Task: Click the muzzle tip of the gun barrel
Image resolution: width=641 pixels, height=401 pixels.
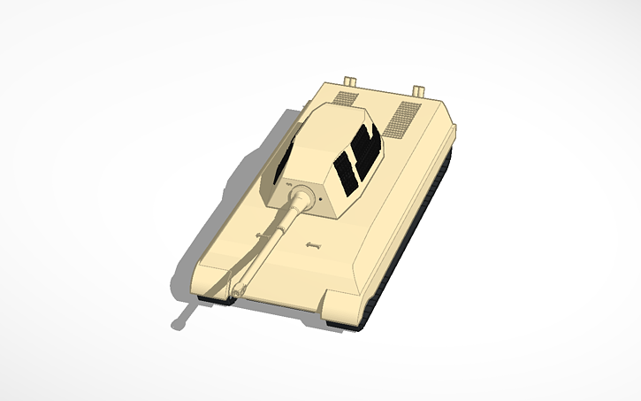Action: (235, 289)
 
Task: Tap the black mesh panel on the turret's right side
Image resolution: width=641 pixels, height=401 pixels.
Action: (358, 159)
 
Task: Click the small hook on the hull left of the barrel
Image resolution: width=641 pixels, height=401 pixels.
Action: (259, 235)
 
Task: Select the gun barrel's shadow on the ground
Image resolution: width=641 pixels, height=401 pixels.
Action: (185, 315)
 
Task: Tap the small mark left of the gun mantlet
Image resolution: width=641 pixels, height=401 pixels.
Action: (288, 184)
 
